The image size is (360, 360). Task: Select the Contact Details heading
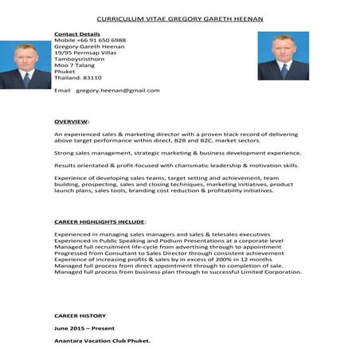point(76,34)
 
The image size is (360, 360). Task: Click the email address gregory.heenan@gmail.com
point(118,90)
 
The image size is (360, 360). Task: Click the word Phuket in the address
point(64,70)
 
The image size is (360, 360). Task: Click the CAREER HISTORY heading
point(80,316)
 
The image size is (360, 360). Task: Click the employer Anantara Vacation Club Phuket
point(102,341)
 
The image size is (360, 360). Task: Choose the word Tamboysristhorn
point(80,58)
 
